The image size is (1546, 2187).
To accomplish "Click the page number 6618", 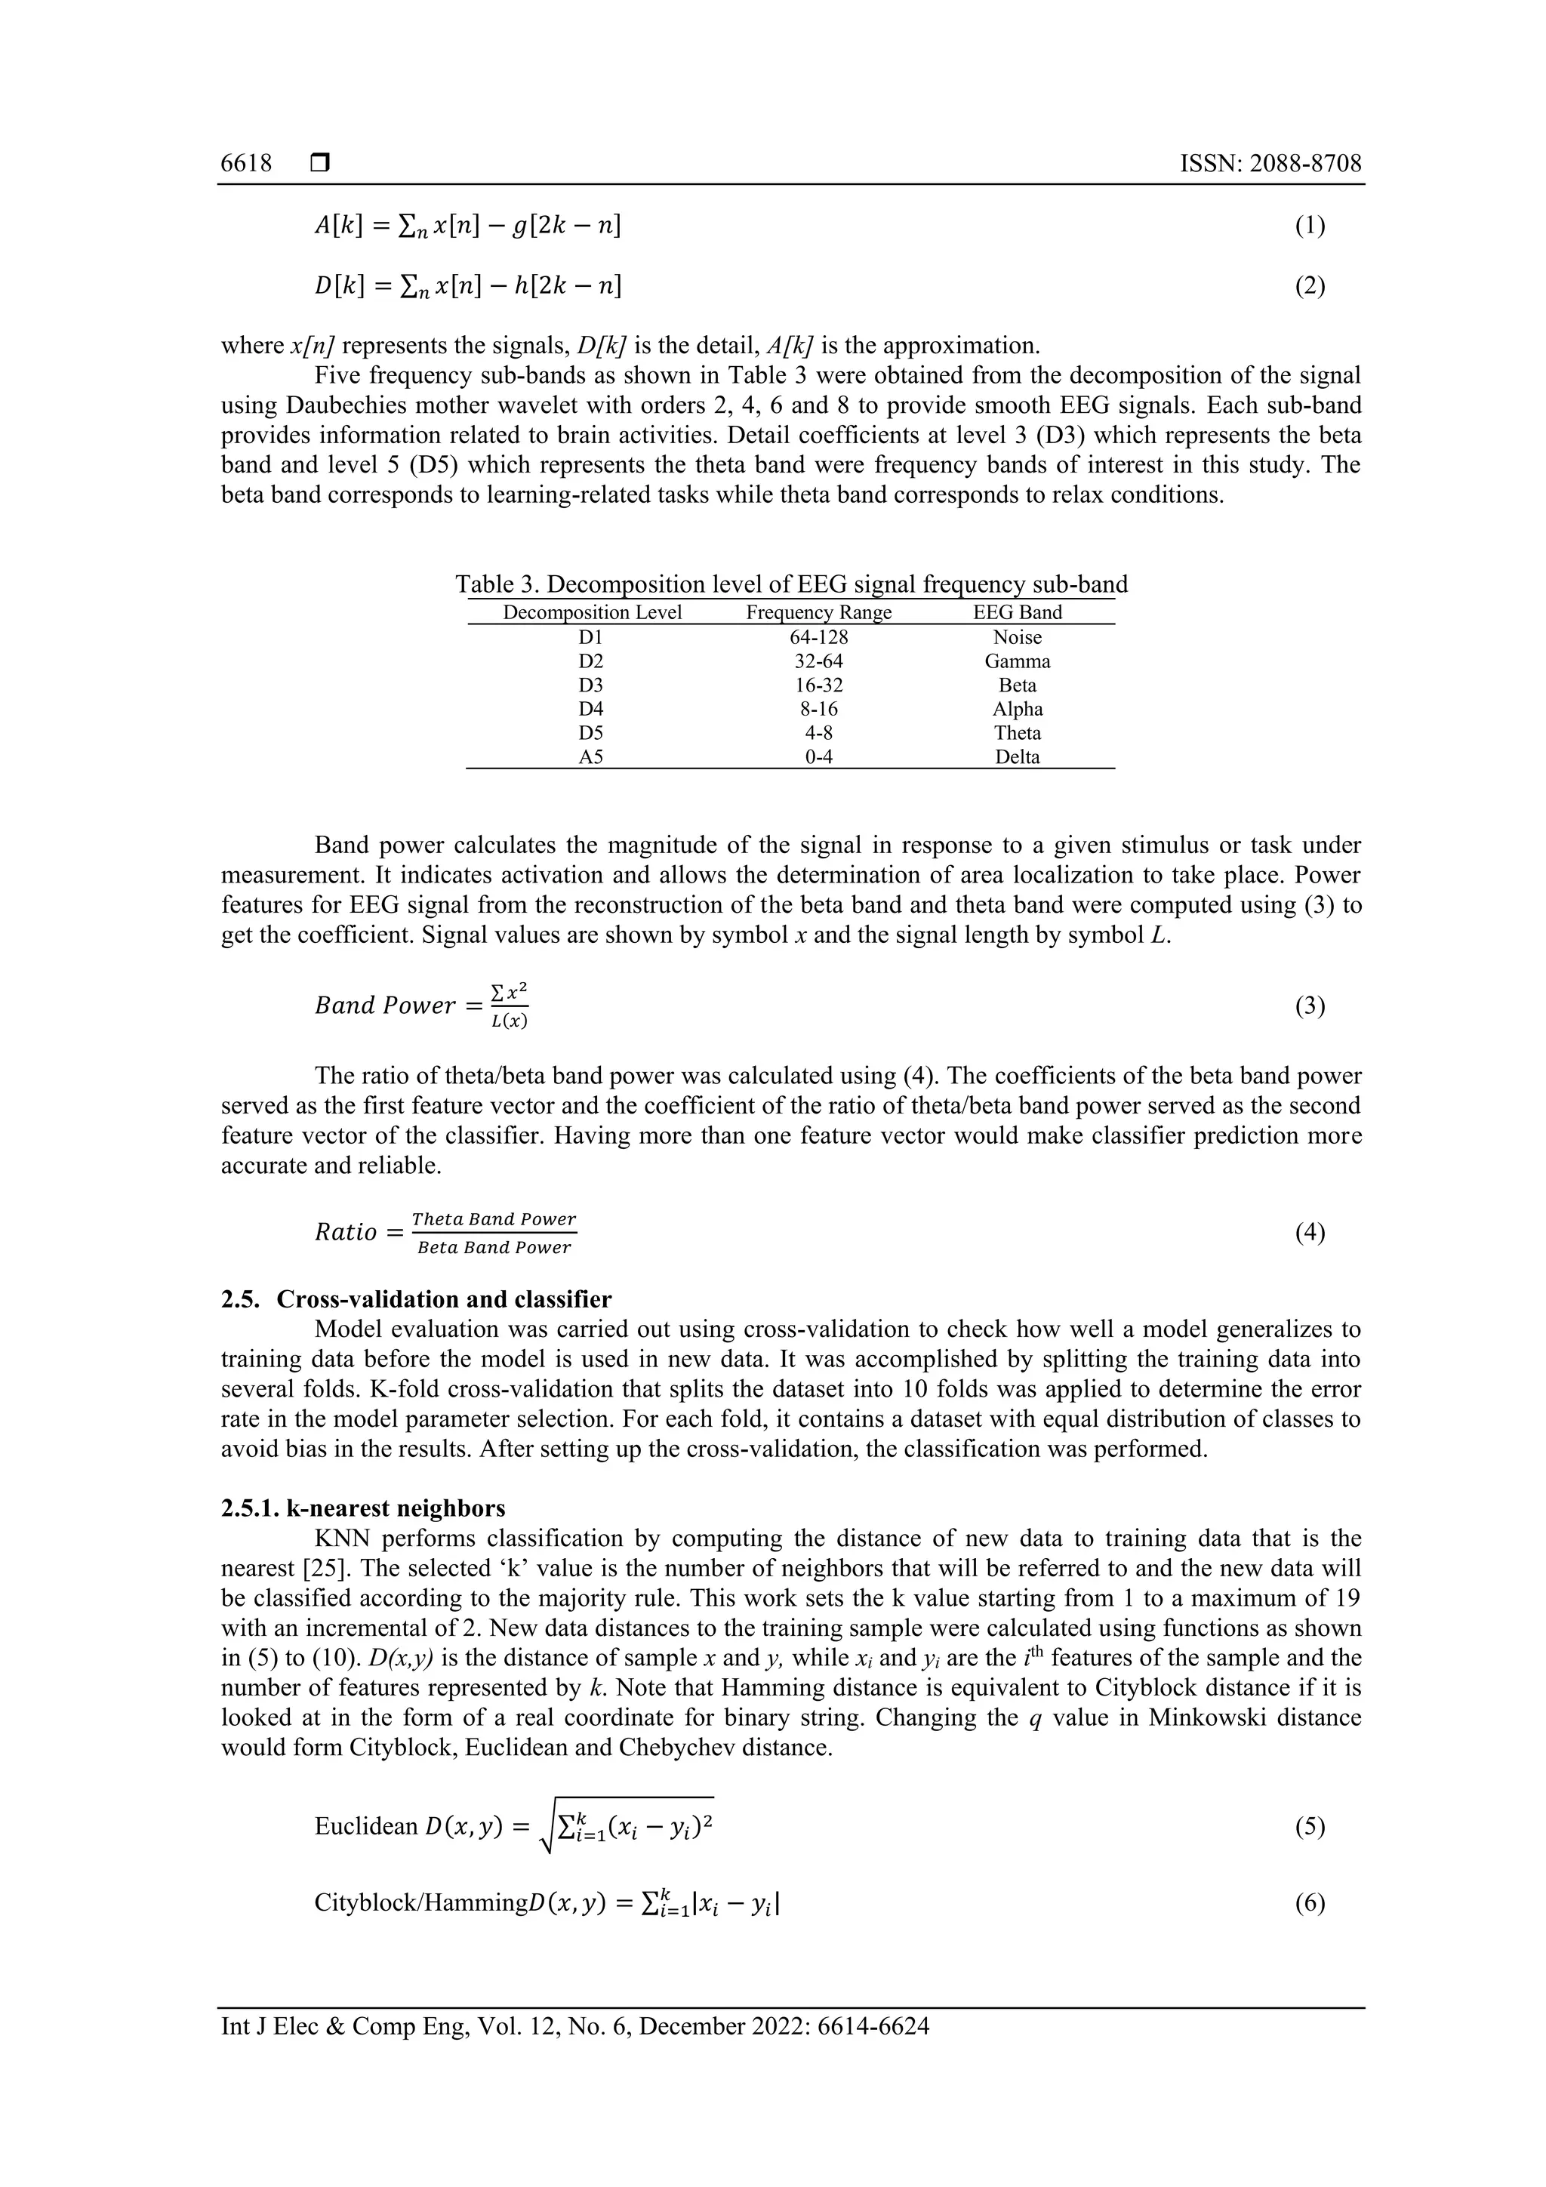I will tap(246, 164).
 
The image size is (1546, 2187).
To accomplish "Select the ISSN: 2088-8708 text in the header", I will tap(1270, 164).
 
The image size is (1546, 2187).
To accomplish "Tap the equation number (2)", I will tap(1310, 286).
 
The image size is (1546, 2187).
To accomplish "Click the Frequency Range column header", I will tap(818, 612).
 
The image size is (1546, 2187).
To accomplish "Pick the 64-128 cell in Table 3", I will tap(818, 637).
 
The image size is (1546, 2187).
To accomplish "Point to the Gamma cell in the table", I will tap(1018, 661).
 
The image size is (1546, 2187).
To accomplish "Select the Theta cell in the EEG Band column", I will tap(1018, 732).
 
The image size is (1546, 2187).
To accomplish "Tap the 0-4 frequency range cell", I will tap(818, 757).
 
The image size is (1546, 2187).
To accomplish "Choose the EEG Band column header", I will tap(1018, 612).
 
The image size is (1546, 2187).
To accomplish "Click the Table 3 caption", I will tap(790, 584).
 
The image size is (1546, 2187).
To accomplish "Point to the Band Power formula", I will tap(422, 1006).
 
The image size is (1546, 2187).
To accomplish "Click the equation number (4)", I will tap(1310, 1233).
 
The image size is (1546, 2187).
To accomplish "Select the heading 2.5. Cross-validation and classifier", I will tap(416, 1299).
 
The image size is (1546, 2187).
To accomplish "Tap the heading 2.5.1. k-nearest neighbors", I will tap(363, 1508).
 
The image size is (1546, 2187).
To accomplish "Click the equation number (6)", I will tap(1310, 1903).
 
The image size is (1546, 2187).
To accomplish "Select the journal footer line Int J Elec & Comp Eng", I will tap(574, 2026).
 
